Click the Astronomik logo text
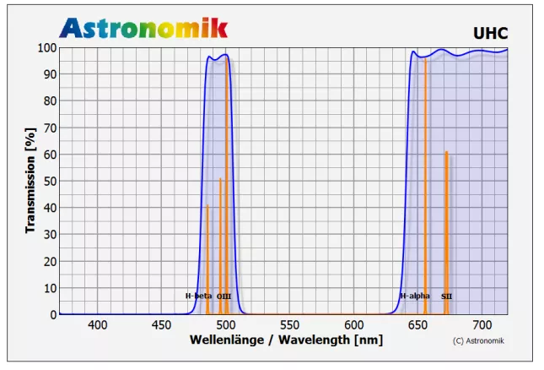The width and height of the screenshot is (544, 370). pos(143,28)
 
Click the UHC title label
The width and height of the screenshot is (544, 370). pos(490,33)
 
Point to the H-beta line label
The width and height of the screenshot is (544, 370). pos(199,297)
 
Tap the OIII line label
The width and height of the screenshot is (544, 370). pos(224,297)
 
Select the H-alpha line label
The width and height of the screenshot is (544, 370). pos(415,297)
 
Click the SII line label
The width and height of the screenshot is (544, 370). pos(447,297)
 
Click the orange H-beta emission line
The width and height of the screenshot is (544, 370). pos(207,253)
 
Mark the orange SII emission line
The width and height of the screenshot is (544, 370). pos(446,220)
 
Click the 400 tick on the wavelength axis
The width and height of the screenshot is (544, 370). pos(98,325)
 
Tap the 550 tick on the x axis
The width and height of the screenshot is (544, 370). pos(289,325)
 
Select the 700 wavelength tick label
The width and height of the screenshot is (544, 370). pos(482,325)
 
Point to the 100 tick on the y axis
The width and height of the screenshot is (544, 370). pos(47,48)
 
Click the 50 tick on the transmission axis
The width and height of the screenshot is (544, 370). pos(51,182)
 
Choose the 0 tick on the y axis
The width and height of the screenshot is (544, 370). pos(54,315)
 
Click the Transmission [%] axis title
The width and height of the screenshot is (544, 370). pos(30,181)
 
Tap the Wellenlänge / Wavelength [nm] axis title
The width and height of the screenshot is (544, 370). pos(287,340)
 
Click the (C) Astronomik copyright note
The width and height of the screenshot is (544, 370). pos(477,341)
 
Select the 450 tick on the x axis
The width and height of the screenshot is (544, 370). pos(162,325)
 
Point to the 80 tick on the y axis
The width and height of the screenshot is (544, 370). pos(51,101)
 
